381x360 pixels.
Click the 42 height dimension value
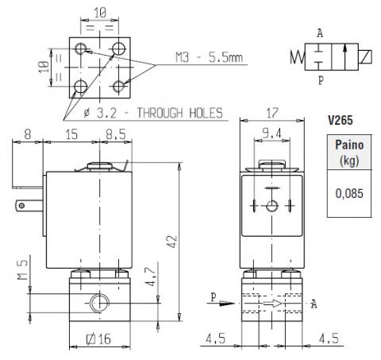[x=172, y=242]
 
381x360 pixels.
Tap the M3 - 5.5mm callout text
[x=209, y=57]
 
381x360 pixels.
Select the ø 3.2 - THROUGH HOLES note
[x=153, y=113]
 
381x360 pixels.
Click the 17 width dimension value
[x=272, y=113]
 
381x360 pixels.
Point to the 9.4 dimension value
[x=271, y=134]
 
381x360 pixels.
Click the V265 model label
[x=341, y=120]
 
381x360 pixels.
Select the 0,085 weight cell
[x=349, y=193]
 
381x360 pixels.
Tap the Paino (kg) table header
[x=349, y=153]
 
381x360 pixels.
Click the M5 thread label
[x=23, y=269]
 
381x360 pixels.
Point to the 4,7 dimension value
[x=151, y=277]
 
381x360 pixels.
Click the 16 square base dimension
[x=98, y=339]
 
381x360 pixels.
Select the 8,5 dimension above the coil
[x=116, y=134]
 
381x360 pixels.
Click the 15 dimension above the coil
[x=71, y=134]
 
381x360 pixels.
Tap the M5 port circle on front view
[x=99, y=303]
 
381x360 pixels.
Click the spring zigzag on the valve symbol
[x=298, y=57]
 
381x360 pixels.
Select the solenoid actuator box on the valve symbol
[x=365, y=57]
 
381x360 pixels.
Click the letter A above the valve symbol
[x=320, y=33]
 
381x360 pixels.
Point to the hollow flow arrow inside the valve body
[x=272, y=304]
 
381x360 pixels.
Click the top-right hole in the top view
[x=118, y=48]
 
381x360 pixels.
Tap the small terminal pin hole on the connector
[x=22, y=206]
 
